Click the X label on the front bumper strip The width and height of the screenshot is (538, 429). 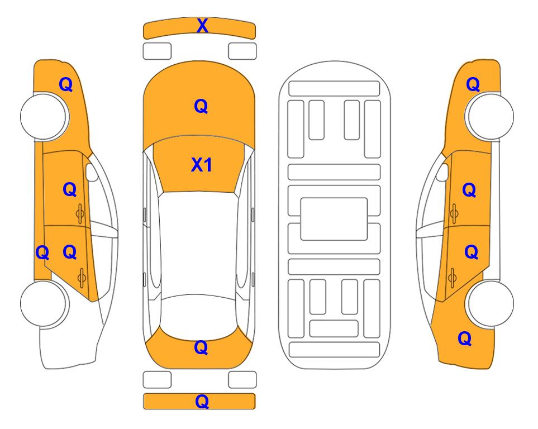pyautogui.click(x=202, y=26)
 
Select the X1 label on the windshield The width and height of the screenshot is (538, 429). pyautogui.click(x=202, y=165)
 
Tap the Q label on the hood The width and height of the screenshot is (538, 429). pyautogui.click(x=201, y=106)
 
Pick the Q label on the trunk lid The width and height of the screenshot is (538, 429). pyautogui.click(x=201, y=347)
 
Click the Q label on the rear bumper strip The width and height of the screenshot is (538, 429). pyautogui.click(x=202, y=401)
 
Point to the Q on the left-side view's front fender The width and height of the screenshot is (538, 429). pyautogui.click(x=66, y=84)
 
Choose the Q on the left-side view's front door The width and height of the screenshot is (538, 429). pyautogui.click(x=70, y=189)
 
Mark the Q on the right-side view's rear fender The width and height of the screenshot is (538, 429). pyautogui.click(x=465, y=339)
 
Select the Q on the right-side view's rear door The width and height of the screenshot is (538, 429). pyautogui.click(x=472, y=252)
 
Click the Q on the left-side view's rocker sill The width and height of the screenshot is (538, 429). pyautogui.click(x=42, y=253)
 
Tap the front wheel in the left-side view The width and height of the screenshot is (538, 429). pyautogui.click(x=44, y=116)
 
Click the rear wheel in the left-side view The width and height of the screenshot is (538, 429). pyautogui.click(x=44, y=303)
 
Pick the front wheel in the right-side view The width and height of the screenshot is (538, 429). pyautogui.click(x=490, y=116)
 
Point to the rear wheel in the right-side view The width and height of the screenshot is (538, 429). pyautogui.click(x=490, y=303)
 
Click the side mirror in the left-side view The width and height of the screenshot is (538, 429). pyautogui.click(x=91, y=172)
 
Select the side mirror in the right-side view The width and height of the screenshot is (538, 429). pyautogui.click(x=442, y=172)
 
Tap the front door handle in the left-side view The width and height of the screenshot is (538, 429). pyautogui.click(x=80, y=213)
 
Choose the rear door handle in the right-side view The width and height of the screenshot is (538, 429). pyautogui.click(x=452, y=278)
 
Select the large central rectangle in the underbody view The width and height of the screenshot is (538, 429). pyautogui.click(x=334, y=219)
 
